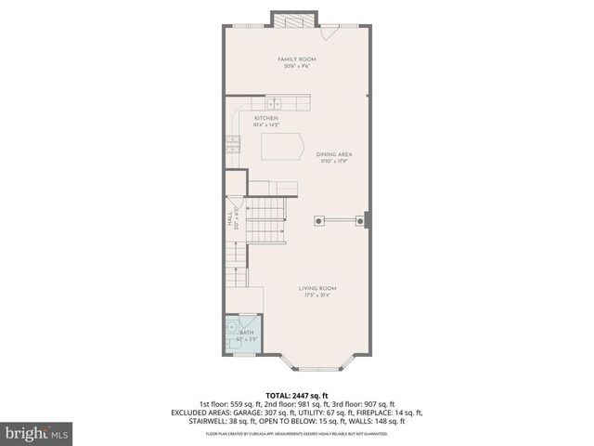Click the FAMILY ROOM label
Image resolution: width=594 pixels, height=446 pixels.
point(297,59)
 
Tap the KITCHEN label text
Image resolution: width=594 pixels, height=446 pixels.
point(267,118)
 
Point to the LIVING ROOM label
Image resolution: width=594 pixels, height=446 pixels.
point(316,289)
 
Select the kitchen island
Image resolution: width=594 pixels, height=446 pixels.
point(282,147)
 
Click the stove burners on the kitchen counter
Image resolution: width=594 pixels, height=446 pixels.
point(232,142)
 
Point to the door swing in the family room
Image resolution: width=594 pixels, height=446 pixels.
point(329,33)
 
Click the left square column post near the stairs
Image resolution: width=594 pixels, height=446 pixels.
point(319,220)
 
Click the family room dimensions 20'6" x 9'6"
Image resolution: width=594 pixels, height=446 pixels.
point(297,66)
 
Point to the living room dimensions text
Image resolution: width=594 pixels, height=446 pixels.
point(316,295)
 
